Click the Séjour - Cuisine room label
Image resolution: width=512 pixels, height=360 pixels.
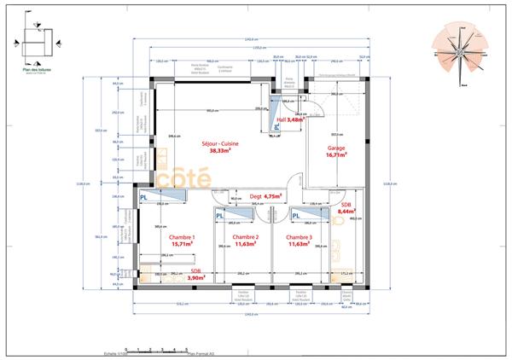point(219,142)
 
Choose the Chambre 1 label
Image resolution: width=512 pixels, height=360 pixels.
point(182,237)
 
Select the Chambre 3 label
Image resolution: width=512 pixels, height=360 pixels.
point(299,237)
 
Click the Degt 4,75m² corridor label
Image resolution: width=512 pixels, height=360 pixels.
point(265,196)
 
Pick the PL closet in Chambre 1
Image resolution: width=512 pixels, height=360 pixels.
point(144,196)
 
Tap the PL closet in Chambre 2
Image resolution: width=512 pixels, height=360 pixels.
point(219,216)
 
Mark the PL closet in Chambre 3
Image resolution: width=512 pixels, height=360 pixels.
point(296,216)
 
